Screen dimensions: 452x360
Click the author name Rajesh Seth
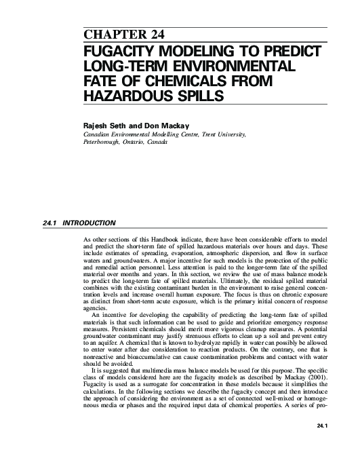102,125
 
